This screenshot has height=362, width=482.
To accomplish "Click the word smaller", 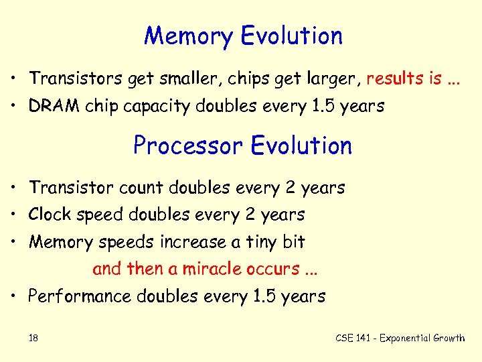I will [x=189, y=78].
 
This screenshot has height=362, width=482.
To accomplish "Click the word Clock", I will [x=50, y=215].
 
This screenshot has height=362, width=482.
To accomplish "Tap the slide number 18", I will [x=33, y=338].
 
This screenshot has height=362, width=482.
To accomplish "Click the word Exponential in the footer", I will [x=406, y=338].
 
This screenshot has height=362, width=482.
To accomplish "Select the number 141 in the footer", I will [x=363, y=338].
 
